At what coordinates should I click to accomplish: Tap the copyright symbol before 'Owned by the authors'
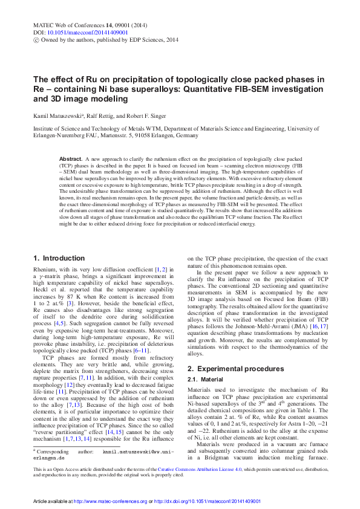coord(36,39)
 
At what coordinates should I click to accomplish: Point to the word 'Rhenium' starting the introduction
coord(45,270)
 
